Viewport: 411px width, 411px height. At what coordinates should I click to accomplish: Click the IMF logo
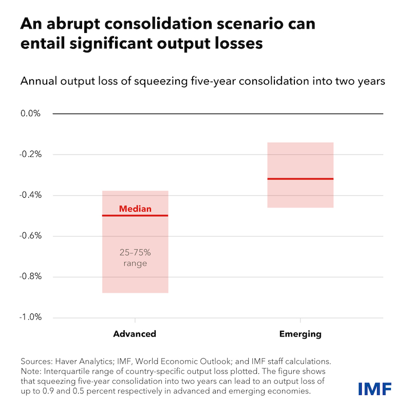375,389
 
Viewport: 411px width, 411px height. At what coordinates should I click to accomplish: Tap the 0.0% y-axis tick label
30,114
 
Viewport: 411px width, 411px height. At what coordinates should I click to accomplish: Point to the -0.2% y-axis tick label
30,155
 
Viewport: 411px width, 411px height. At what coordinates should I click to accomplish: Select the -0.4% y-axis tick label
30,195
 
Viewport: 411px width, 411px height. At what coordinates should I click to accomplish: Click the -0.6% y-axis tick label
30,236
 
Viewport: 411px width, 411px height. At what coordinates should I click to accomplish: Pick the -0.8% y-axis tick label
30,276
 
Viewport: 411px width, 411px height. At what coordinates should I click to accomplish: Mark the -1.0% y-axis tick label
30,317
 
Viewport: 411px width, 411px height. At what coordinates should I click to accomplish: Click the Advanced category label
135,334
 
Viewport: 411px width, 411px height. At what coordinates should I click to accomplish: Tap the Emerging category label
301,334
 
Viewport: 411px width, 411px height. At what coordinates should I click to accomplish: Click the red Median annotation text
135,209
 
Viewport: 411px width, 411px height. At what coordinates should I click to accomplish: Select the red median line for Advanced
135,215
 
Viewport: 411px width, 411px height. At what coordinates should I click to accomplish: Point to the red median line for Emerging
301,179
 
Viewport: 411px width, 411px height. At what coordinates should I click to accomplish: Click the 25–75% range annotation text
135,258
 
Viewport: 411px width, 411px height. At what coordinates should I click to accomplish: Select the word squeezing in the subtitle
161,82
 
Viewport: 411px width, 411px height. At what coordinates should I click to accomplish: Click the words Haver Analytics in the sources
84,362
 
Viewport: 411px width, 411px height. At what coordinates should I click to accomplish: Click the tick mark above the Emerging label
301,320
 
